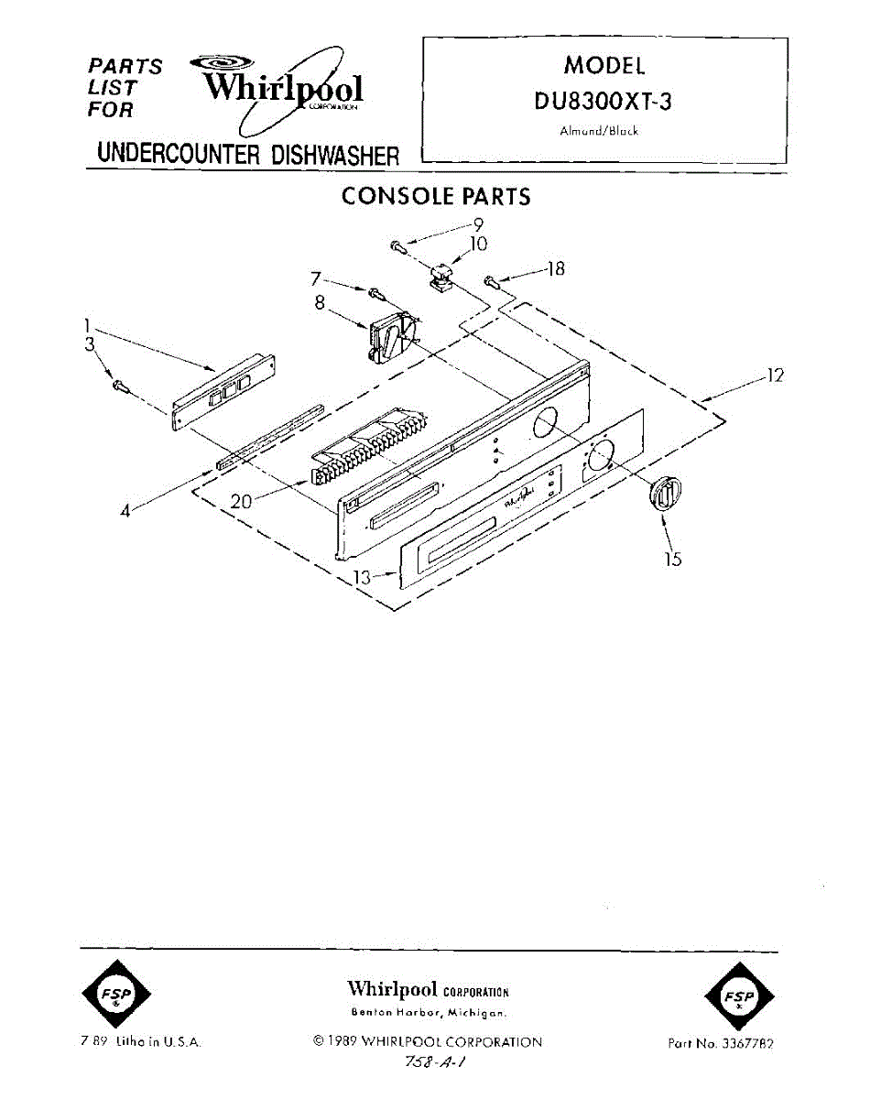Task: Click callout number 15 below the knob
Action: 673,558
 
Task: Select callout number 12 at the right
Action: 775,375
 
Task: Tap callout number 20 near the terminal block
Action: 241,503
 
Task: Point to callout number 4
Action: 127,510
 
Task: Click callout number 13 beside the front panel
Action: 363,577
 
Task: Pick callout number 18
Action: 555,268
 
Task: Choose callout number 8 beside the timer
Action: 320,301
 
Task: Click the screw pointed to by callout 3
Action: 119,386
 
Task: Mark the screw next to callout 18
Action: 493,279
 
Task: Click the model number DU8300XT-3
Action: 603,102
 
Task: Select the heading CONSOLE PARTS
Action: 435,196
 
